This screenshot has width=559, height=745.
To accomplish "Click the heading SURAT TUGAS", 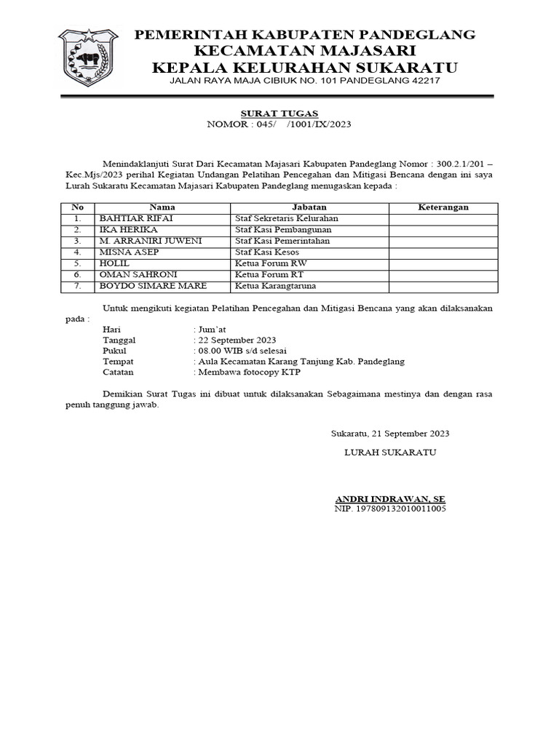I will (269, 113).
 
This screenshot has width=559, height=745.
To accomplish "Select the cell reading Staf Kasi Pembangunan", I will (283, 229).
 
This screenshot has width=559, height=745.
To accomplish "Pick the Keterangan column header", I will (443, 207).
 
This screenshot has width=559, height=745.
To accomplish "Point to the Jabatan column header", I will (309, 207).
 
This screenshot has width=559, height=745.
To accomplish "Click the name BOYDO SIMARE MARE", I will (153, 285).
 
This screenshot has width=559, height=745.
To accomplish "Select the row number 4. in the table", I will (76, 252).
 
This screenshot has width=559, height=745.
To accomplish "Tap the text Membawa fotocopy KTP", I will (247, 372).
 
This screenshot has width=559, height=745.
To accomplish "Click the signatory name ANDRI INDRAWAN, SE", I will (389, 498).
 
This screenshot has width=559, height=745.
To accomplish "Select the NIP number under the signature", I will (389, 509).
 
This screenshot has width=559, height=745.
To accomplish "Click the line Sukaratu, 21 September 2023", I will (389, 433).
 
